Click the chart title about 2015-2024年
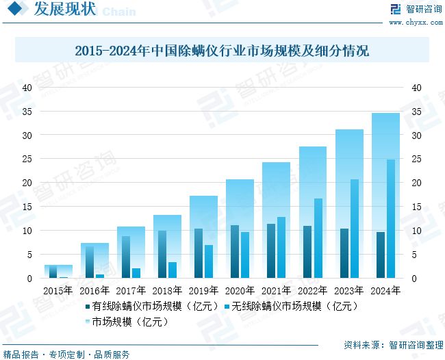click(x=222, y=51)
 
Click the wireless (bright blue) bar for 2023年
click(x=355, y=229)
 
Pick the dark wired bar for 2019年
click(x=198, y=253)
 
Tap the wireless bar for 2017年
click(x=136, y=273)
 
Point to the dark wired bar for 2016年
click(x=90, y=262)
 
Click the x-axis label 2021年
click(x=277, y=290)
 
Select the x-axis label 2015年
click(x=59, y=290)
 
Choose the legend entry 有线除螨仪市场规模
click(x=151, y=306)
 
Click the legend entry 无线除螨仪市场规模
click(x=294, y=306)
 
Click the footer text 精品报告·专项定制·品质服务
click(x=67, y=354)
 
